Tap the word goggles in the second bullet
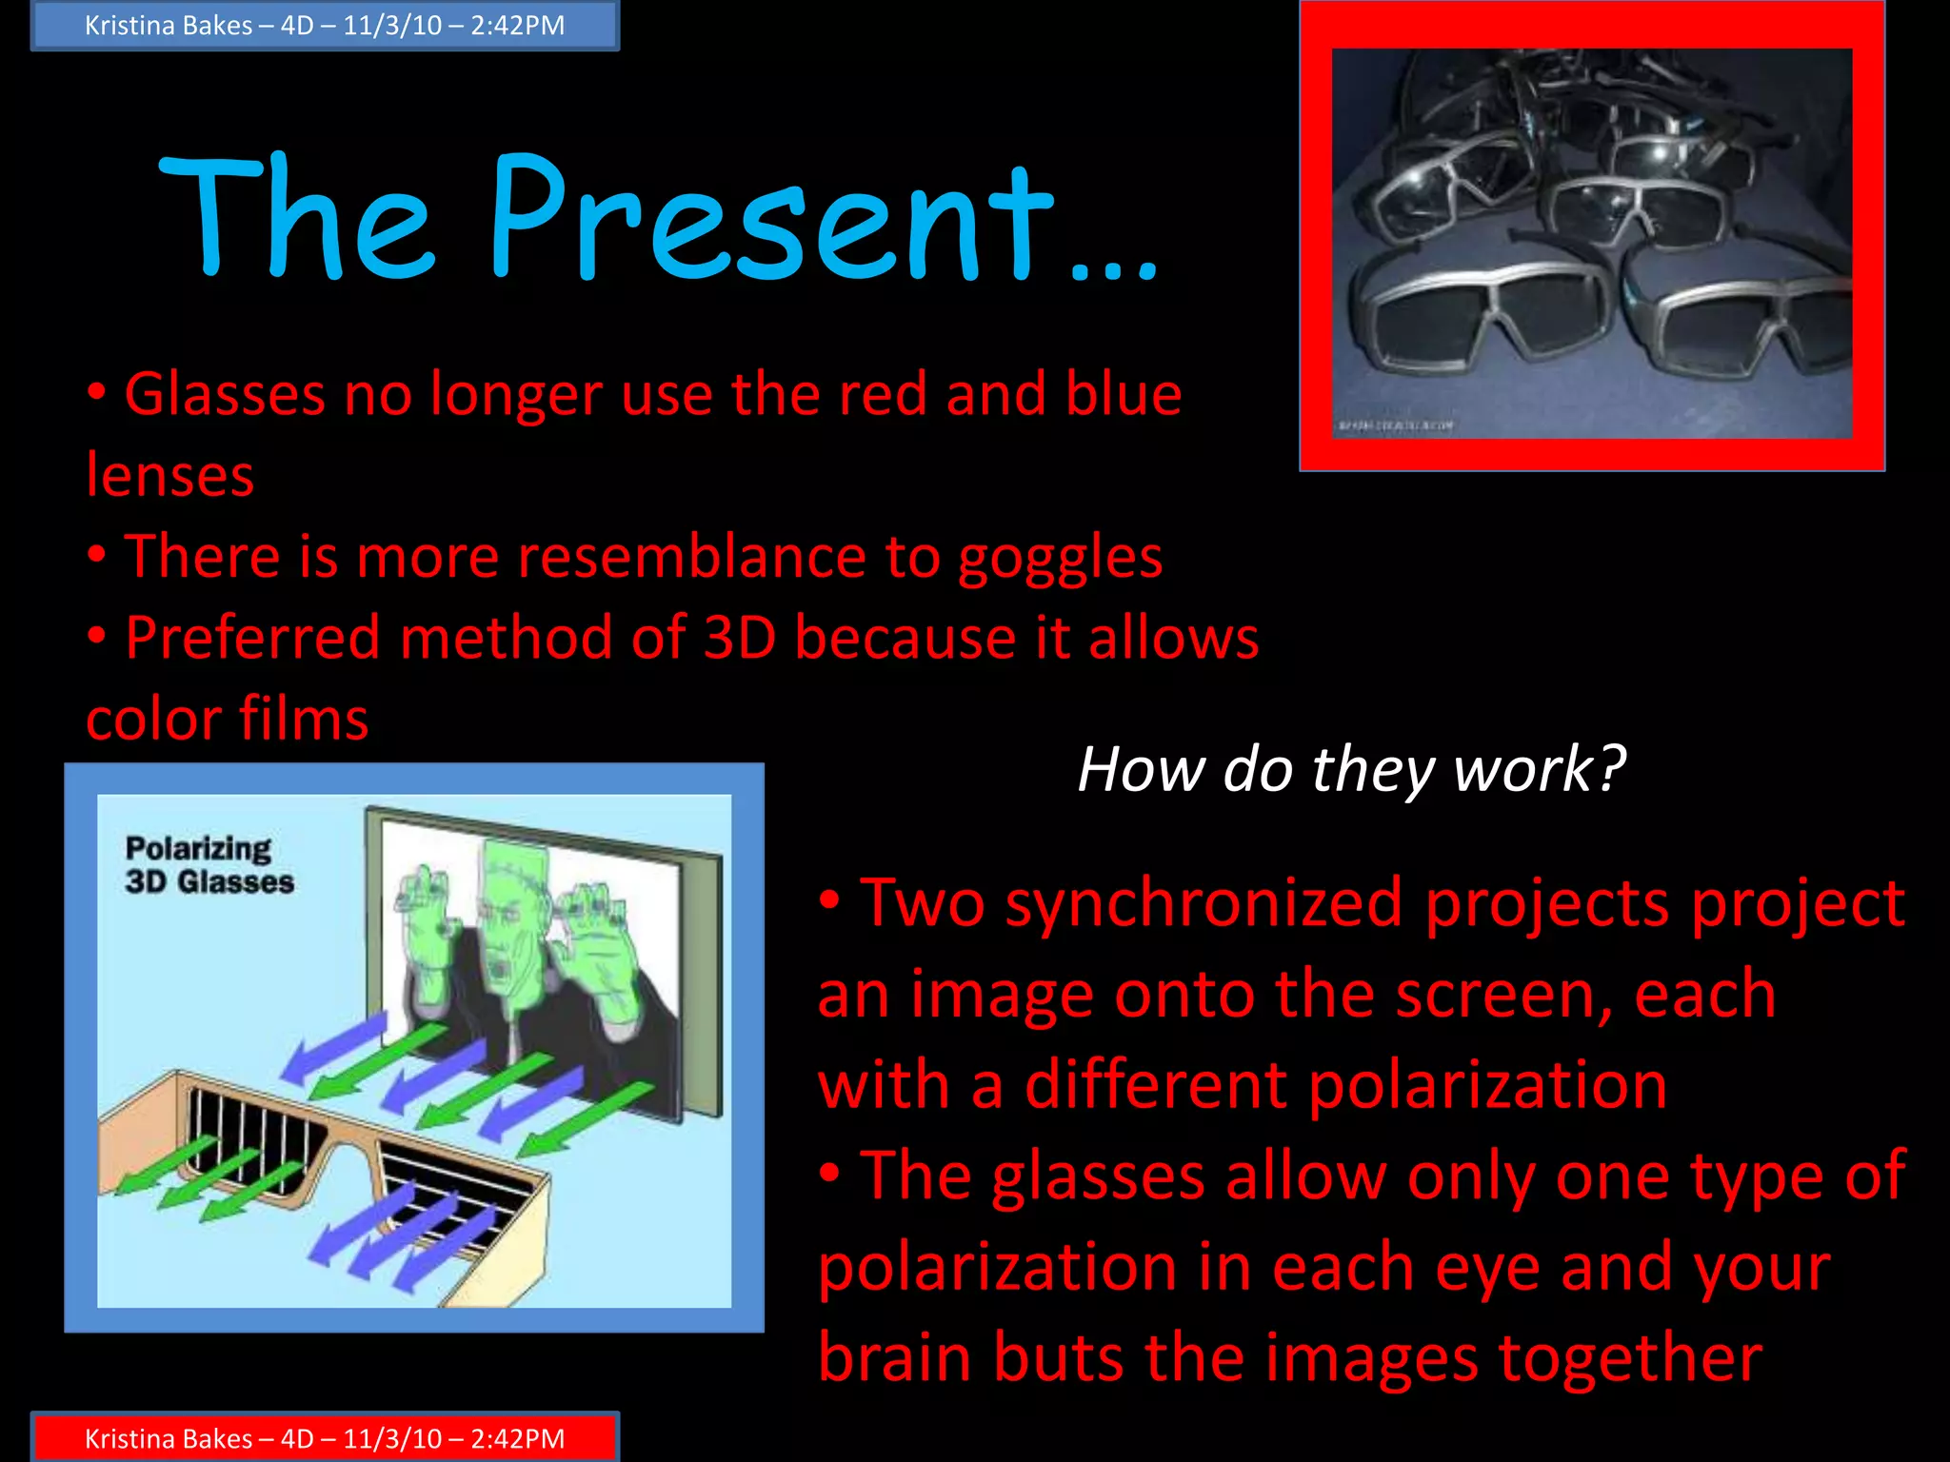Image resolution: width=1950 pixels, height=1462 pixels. pos(1060,558)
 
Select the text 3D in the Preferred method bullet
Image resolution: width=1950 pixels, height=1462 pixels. pos(740,638)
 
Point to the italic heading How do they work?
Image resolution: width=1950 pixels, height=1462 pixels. pos(1351,769)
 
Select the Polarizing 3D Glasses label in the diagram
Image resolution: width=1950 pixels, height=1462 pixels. pos(209,864)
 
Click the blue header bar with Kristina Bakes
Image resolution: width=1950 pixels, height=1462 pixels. pos(325,26)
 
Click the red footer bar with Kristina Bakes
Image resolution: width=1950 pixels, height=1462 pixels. pos(325,1437)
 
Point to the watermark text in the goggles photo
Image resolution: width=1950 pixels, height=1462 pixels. pos(1396,425)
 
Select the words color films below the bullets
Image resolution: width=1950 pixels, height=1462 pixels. pos(228,719)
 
